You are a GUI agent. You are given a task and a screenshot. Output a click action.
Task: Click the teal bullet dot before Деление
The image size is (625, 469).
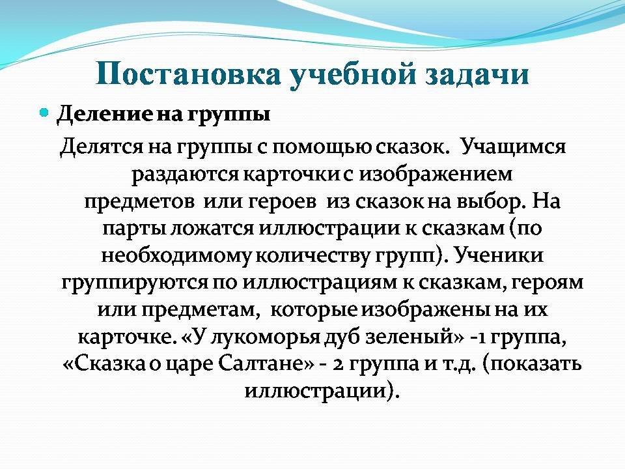45,113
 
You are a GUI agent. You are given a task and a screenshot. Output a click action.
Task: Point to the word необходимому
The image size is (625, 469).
176,255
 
